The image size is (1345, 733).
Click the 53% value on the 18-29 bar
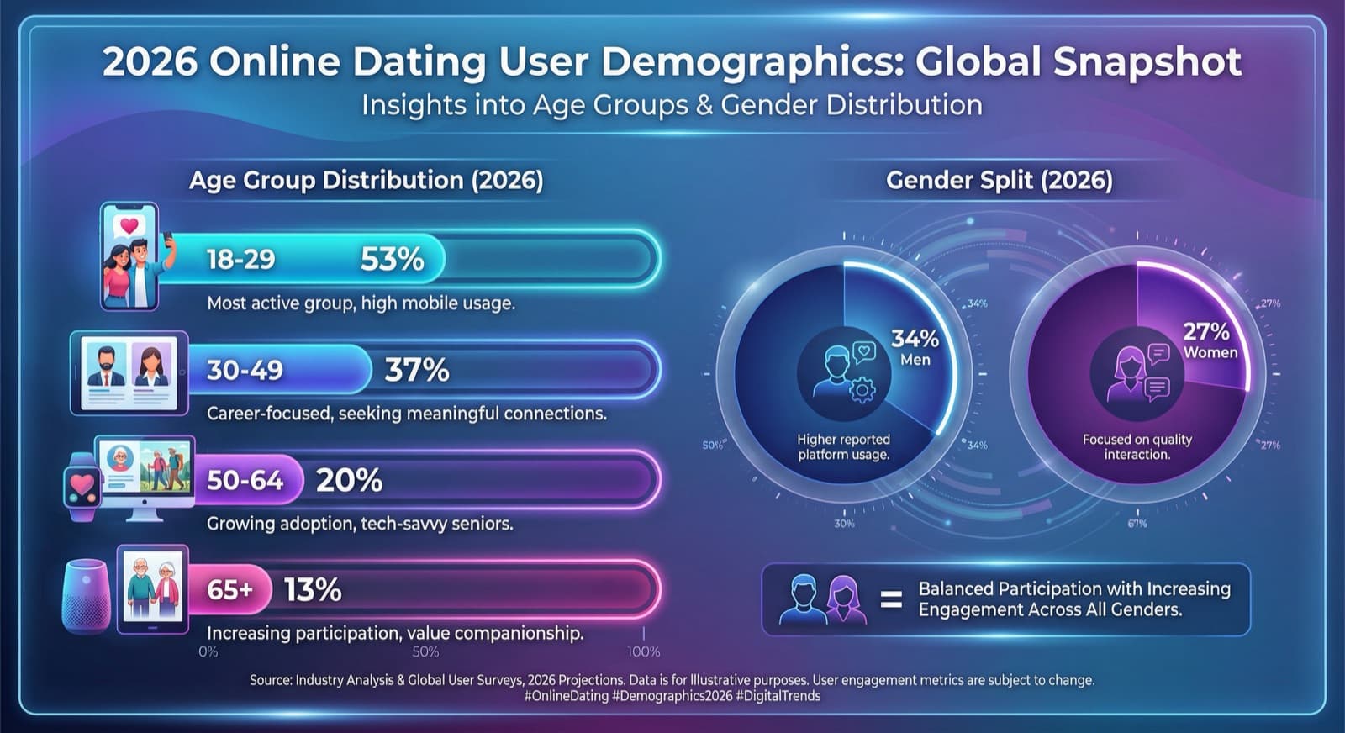click(392, 259)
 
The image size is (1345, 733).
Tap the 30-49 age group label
click(245, 370)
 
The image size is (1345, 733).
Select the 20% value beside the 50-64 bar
click(349, 480)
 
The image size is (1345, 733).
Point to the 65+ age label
click(229, 590)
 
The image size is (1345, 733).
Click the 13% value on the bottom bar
click(312, 590)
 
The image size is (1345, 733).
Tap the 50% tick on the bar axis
click(425, 651)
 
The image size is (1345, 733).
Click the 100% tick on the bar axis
click(643, 651)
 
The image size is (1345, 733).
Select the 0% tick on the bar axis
click(208, 651)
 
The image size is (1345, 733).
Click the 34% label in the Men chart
click(915, 339)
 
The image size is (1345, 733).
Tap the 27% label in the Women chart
click(1206, 331)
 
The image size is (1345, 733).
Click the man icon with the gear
click(844, 373)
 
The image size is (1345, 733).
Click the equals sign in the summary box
click(891, 600)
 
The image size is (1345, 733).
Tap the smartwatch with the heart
click(82, 486)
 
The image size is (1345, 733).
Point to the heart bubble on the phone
click(129, 225)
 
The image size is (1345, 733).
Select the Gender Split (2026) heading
click(999, 180)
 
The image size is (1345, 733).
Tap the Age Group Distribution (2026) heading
click(366, 180)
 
